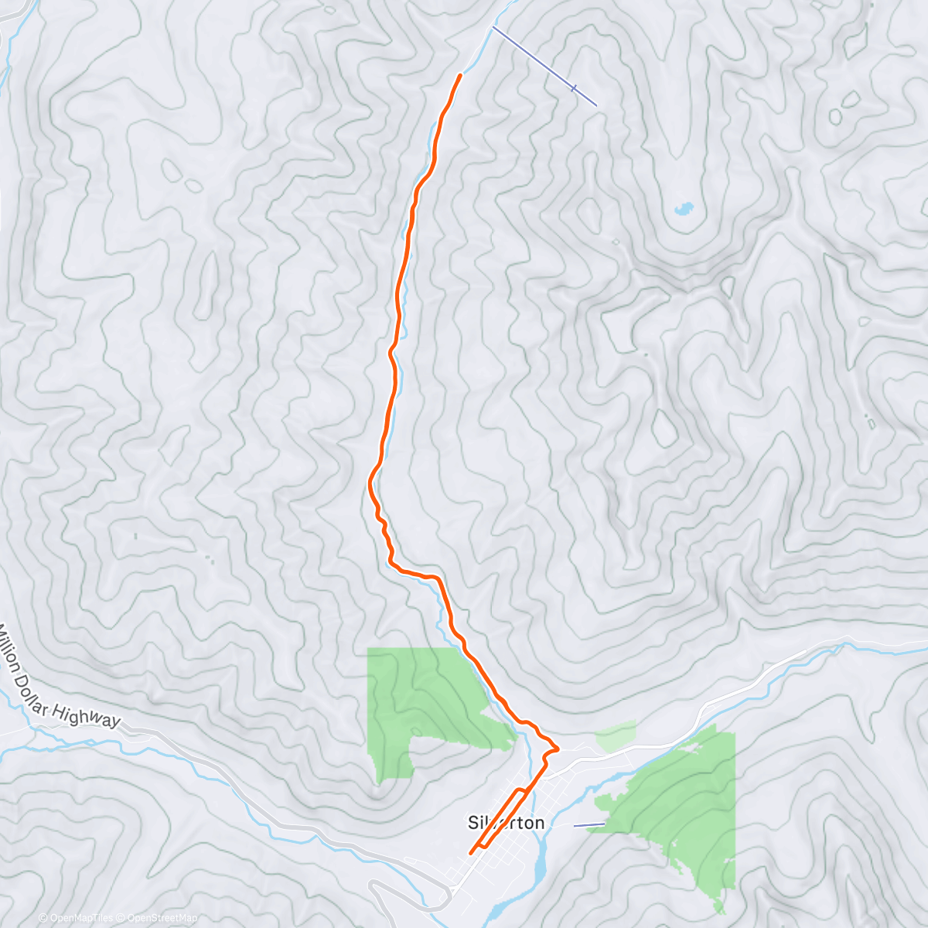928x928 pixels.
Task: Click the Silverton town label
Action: (507, 822)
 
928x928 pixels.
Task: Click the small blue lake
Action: (684, 208)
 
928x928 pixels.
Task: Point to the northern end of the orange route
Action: (461, 75)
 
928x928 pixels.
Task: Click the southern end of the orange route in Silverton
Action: (471, 854)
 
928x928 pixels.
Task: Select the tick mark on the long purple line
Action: (574, 88)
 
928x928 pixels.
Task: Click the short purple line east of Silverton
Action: (589, 824)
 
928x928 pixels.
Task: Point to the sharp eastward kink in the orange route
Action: (557, 749)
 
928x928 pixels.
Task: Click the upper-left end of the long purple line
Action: (493, 28)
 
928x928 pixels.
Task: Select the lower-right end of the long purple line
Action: (596, 105)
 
